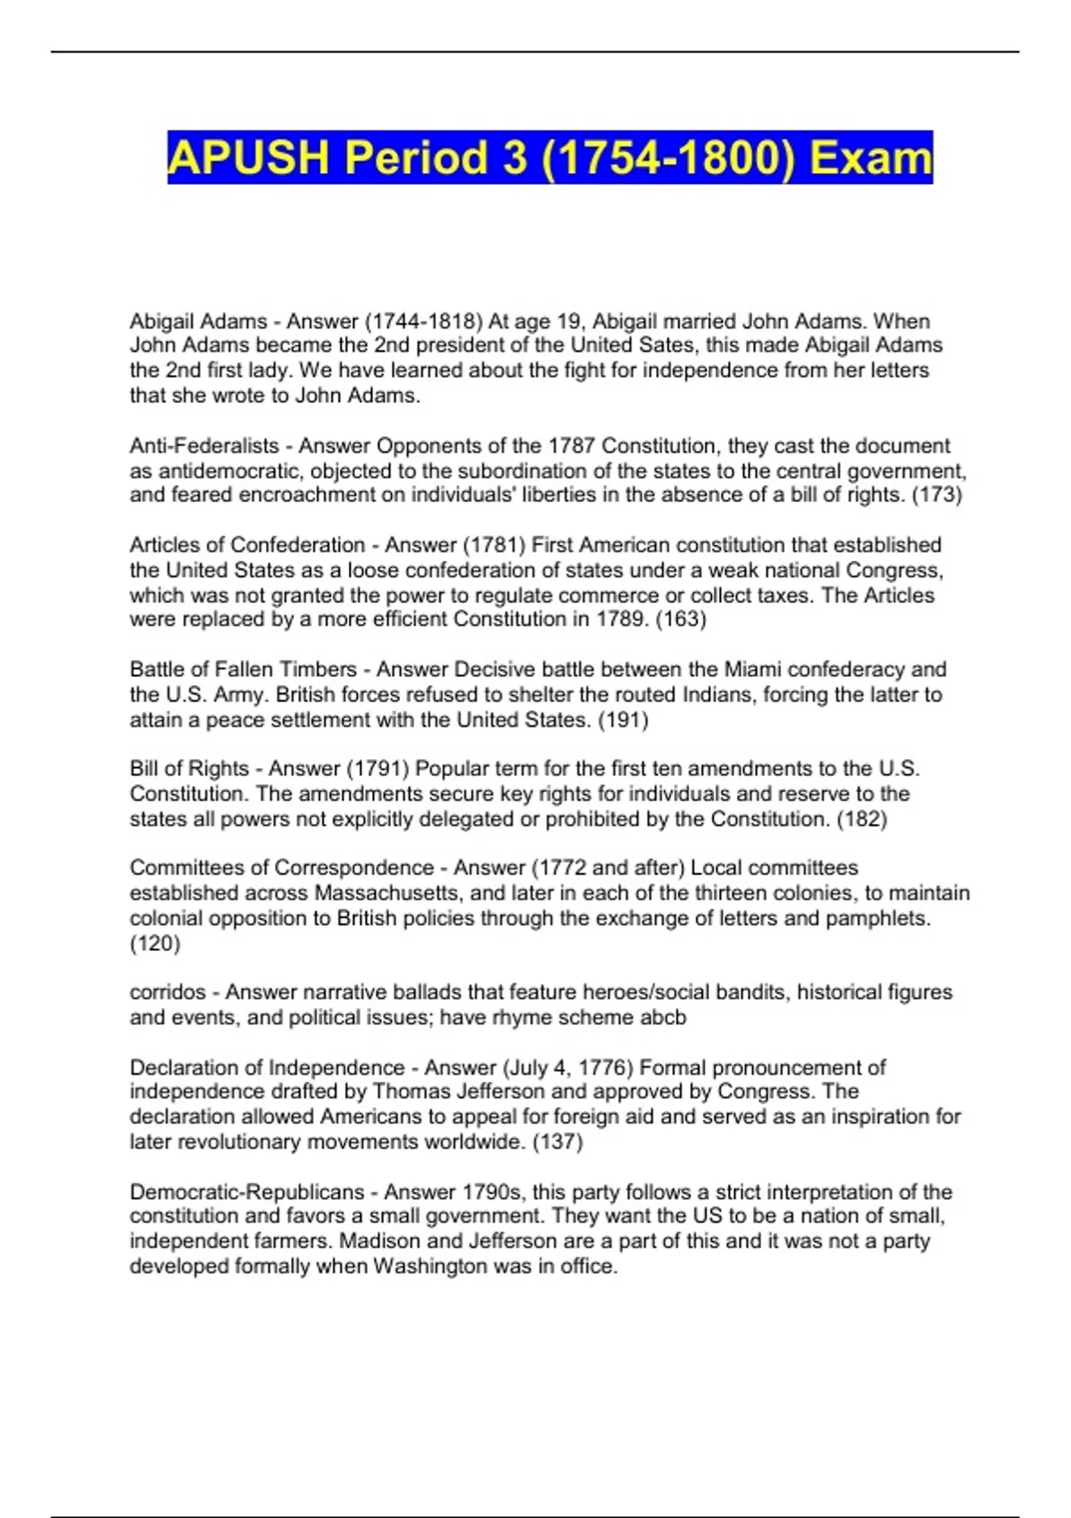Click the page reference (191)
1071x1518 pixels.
pyautogui.click(x=622, y=720)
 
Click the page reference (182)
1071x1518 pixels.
pyautogui.click(x=861, y=819)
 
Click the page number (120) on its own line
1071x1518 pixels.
pyautogui.click(x=155, y=943)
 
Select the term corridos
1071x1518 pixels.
pyautogui.click(x=168, y=992)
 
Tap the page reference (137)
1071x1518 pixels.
pyautogui.click(x=557, y=1142)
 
